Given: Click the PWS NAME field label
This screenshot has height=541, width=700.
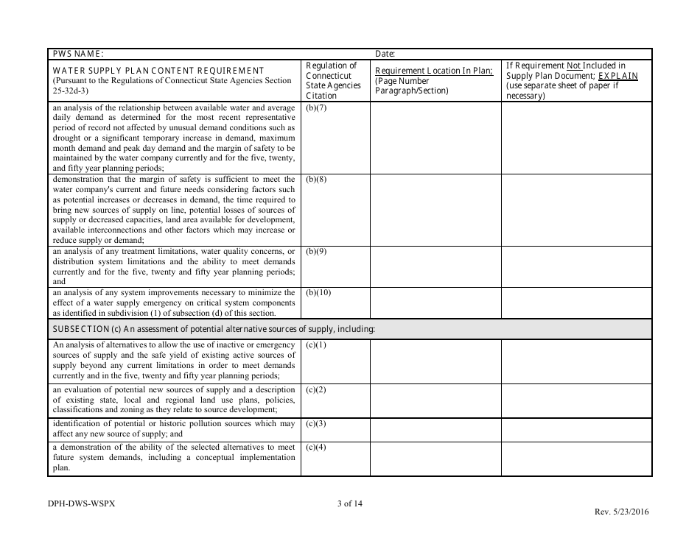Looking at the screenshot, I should (x=77, y=54).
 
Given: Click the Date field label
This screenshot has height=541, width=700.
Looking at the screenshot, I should (x=385, y=54).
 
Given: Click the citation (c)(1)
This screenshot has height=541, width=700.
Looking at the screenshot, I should (x=316, y=344).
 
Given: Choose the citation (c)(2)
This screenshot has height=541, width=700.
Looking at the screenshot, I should (x=316, y=389).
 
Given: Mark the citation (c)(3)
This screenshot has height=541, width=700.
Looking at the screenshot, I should (x=316, y=423).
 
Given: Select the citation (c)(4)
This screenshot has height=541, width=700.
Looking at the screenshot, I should (x=316, y=447).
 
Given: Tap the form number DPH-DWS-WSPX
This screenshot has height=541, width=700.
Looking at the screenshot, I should (x=81, y=504).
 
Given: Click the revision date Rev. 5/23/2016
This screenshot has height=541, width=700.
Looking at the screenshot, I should (x=622, y=512).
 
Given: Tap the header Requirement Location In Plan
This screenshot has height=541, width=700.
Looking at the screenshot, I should (x=434, y=71).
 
